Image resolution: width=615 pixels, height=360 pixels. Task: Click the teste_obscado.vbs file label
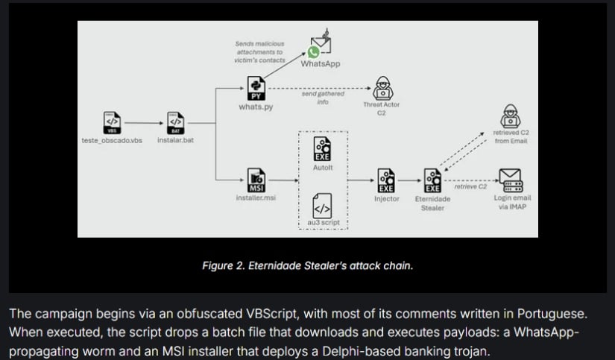111,141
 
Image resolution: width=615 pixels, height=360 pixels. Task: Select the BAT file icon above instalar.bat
175,122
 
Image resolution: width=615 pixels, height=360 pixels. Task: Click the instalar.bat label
175,140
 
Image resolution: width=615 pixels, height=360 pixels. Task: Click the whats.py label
256,107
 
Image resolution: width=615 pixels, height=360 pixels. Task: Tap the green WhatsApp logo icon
314,52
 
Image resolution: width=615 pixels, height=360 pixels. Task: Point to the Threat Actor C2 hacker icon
381,86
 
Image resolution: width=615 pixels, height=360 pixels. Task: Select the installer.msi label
256,198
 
